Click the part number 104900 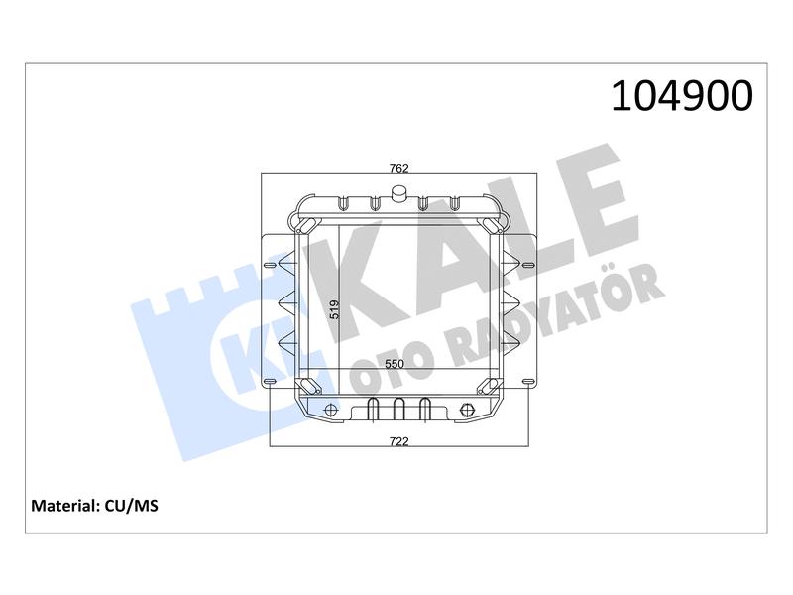tap(682, 96)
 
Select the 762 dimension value tap(398, 168)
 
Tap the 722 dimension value tap(398, 441)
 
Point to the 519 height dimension tap(334, 309)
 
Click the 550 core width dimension tap(395, 364)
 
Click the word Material tap(64, 506)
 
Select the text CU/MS tap(132, 506)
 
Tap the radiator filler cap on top tap(399, 193)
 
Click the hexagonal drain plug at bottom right tap(466, 410)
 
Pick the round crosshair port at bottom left tap(331, 410)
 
